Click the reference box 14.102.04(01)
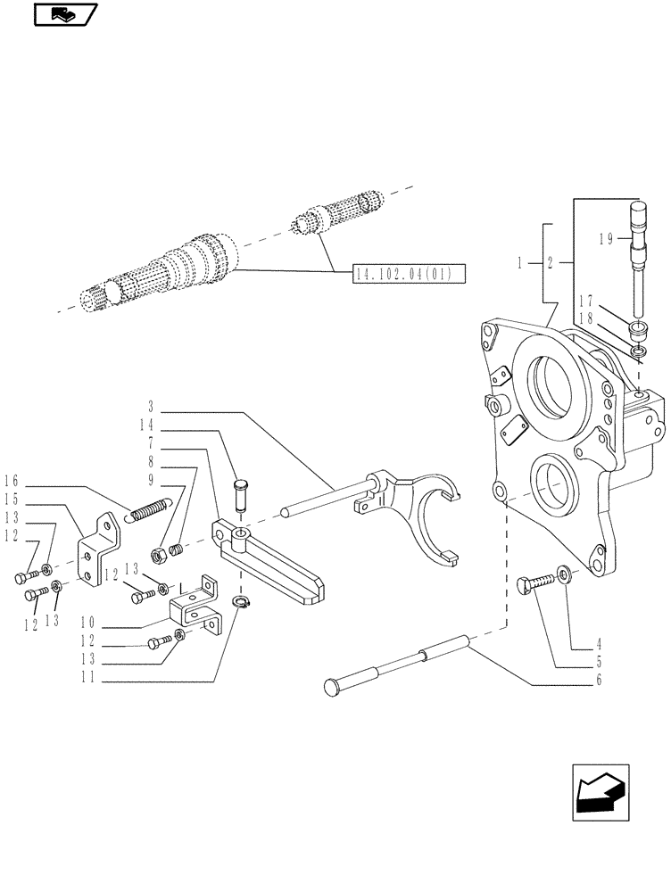408,273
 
